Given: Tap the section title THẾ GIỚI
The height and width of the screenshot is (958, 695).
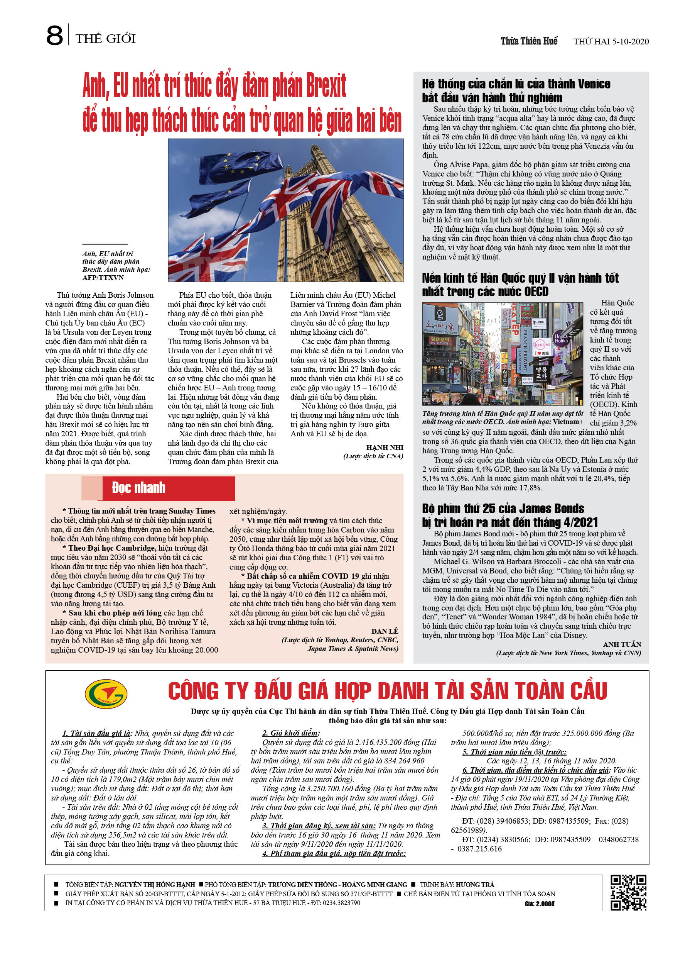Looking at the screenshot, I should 106,39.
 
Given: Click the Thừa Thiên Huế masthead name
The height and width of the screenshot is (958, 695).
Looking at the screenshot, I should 528,41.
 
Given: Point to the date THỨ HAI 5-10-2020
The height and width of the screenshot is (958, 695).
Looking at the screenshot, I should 611,41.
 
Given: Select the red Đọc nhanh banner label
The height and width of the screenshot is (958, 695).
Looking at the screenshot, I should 138,488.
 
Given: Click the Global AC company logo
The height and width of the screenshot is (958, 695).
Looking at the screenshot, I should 106,693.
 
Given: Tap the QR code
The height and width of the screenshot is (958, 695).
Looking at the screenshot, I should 628,892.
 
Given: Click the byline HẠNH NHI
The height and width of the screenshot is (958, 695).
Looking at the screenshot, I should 385,447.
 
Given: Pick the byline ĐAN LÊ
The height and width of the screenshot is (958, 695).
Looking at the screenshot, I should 385,631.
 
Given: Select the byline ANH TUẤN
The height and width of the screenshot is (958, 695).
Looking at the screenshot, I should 622,644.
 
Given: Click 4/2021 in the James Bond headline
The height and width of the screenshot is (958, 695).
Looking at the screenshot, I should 580,522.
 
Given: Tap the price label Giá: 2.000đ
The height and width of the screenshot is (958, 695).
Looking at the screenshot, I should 539,904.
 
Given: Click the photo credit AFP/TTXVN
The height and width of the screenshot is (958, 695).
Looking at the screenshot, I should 103,278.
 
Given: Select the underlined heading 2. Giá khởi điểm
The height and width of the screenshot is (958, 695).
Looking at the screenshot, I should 291,733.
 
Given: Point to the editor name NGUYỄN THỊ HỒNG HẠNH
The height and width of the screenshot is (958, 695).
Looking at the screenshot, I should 154,885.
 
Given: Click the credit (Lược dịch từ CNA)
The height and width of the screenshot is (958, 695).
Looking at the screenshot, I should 373,456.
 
